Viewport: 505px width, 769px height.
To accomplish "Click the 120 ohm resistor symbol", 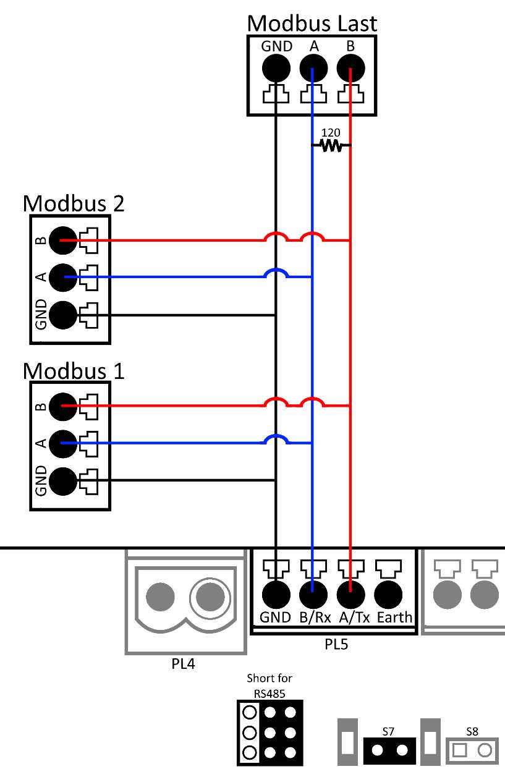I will pos(331,146).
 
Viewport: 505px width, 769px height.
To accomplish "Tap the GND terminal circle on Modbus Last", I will pos(276,68).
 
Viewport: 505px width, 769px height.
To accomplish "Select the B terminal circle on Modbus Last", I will pos(350,68).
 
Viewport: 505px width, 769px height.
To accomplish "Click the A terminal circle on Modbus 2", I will pos(62,278).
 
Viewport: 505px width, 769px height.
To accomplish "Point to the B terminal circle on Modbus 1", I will pos(62,406).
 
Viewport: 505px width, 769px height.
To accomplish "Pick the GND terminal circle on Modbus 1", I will pos(62,480).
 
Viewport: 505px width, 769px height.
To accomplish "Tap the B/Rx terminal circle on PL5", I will pos(313,595).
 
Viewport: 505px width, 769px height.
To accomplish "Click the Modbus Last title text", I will pos(312,23).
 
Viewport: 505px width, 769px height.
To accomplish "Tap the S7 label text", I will pos(388,731).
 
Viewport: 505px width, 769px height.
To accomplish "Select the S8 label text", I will pos(472,731).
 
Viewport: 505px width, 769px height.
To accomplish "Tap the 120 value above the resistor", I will pos(331,132).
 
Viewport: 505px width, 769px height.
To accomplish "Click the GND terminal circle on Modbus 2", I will pos(62,315).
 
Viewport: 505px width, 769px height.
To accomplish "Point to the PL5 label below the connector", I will pos(336,645).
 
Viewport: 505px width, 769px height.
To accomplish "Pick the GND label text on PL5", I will pos(275,618).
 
